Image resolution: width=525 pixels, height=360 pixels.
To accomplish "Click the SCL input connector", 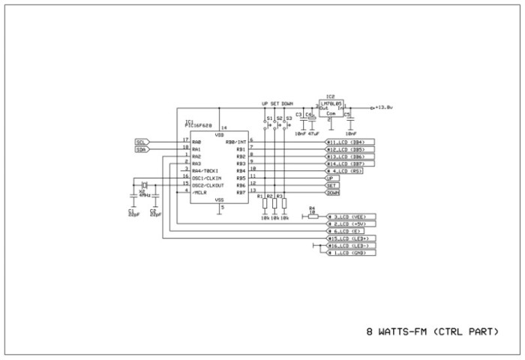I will pyautogui.click(x=142, y=141).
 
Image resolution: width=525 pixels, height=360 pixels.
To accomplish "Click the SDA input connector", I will pyautogui.click(x=142, y=148).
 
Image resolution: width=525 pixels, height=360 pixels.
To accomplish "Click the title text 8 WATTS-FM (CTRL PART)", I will pyautogui.click(x=432, y=331).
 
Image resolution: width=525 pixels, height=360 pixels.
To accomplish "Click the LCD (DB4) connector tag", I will pyautogui.click(x=350, y=141).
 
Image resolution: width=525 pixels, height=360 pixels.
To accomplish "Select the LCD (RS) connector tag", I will pyautogui.click(x=350, y=170).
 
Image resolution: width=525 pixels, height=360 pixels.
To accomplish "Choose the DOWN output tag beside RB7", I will pyautogui.click(x=332, y=193).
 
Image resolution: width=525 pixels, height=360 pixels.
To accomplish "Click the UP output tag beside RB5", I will pyautogui.click(x=330, y=178).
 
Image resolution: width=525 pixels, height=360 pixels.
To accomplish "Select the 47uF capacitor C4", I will pyautogui.click(x=311, y=118).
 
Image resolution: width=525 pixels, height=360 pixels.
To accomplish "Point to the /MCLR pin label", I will pyautogui.click(x=200, y=192).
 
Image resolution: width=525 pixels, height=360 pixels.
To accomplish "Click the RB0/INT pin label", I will pyautogui.click(x=235, y=141).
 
